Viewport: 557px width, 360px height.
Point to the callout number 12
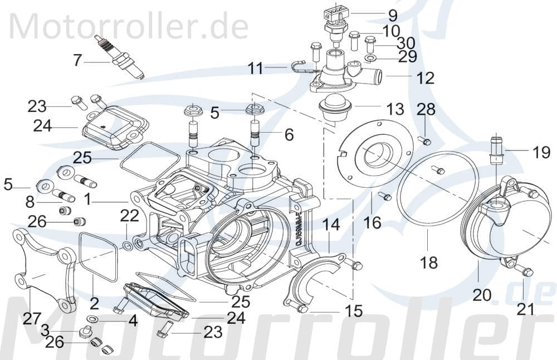(425, 77)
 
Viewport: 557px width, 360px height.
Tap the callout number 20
(482, 294)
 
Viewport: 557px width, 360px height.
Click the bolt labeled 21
(524, 271)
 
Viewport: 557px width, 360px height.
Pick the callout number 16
(372, 222)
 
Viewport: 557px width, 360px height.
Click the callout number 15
(354, 310)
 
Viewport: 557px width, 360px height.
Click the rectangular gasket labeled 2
(98, 254)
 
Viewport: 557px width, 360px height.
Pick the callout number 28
(427, 109)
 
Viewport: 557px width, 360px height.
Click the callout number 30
(405, 42)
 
